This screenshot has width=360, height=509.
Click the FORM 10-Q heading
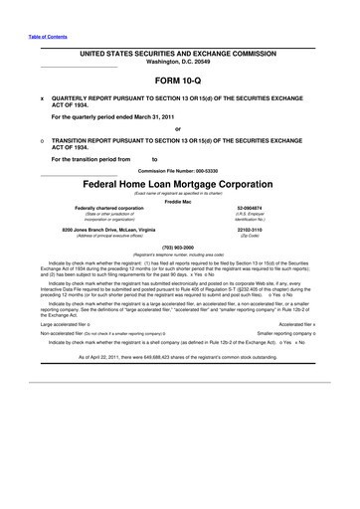(180, 77)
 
